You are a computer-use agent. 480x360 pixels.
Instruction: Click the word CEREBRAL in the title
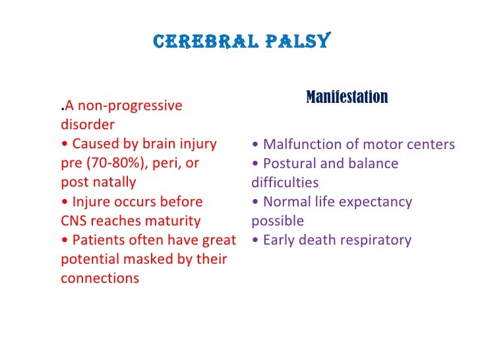click(206, 42)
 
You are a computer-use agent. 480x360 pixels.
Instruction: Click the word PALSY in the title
click(296, 42)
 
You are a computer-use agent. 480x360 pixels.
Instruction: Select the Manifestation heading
click(347, 98)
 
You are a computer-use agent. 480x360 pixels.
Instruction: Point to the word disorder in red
click(87, 125)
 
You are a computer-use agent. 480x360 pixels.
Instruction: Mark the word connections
click(100, 278)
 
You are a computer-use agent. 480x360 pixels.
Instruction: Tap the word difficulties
click(284, 183)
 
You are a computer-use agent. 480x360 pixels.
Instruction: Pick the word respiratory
click(376, 240)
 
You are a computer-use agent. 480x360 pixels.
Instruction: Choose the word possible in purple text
click(277, 221)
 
